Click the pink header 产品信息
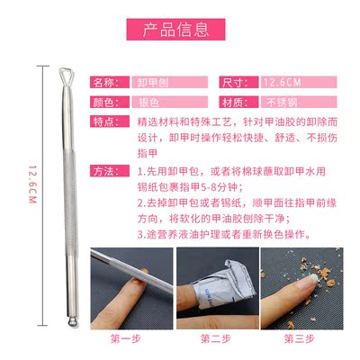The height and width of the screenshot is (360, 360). [x=175, y=30]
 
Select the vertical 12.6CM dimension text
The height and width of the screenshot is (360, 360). [x=32, y=184]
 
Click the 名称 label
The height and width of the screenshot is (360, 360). [x=110, y=82]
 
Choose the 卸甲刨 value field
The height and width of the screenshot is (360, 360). [x=170, y=82]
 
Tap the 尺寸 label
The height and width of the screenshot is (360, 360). [x=238, y=82]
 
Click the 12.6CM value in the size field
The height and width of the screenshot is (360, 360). [x=282, y=82]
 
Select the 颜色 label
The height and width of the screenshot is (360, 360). [x=110, y=102]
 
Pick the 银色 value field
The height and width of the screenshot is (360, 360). [x=170, y=102]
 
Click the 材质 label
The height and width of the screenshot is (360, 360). [x=238, y=102]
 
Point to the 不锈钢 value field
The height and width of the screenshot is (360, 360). [x=299, y=102]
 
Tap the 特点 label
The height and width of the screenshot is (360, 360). [x=110, y=121]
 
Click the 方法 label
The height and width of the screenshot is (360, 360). [x=110, y=171]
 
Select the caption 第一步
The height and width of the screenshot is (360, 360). [x=126, y=339]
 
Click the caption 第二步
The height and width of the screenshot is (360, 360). [x=216, y=339]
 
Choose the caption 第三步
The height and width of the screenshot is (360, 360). [x=300, y=339]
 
